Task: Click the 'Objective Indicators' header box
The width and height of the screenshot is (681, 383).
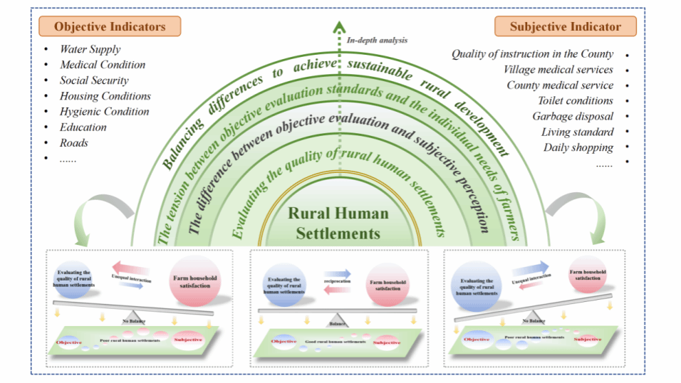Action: tap(110, 27)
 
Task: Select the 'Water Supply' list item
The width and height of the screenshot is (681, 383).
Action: tap(90, 49)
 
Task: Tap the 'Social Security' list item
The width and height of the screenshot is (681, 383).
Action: tap(94, 80)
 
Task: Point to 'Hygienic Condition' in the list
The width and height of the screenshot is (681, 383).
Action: tap(104, 111)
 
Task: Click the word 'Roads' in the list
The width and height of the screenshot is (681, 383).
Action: tap(74, 142)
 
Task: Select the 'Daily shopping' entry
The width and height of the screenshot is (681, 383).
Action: tap(578, 147)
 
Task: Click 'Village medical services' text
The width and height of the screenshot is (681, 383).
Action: tap(558, 69)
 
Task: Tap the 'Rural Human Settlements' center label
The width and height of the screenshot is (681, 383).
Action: tap(338, 223)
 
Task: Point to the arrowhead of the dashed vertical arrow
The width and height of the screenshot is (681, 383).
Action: tap(338, 28)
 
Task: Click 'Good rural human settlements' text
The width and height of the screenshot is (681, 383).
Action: tap(338, 342)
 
